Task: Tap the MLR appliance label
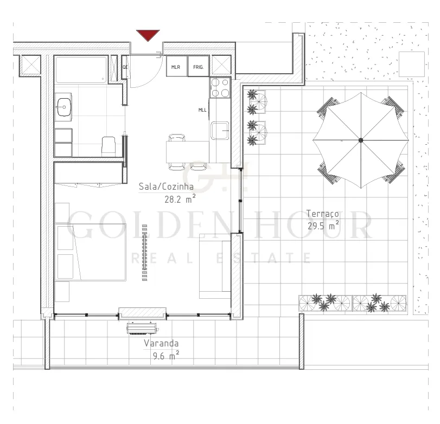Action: (x=176, y=67)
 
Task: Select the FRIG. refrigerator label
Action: (x=199, y=67)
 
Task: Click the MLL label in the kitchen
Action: (x=202, y=110)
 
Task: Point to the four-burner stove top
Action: (x=220, y=87)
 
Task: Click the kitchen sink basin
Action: (x=220, y=130)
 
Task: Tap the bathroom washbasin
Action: (x=64, y=107)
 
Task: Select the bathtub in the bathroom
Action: (x=81, y=69)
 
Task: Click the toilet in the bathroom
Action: (x=109, y=146)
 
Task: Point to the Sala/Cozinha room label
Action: (x=166, y=187)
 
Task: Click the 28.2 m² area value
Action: (x=180, y=199)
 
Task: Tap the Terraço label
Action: (x=322, y=214)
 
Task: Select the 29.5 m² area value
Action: (x=323, y=226)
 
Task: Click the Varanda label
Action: (x=161, y=343)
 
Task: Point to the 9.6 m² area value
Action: (x=166, y=356)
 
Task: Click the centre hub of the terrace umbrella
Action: (x=361, y=140)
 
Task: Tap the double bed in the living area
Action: (x=90, y=252)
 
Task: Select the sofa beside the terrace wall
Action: (x=215, y=266)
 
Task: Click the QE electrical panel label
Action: (x=125, y=67)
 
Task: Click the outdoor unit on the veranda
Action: (x=143, y=329)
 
